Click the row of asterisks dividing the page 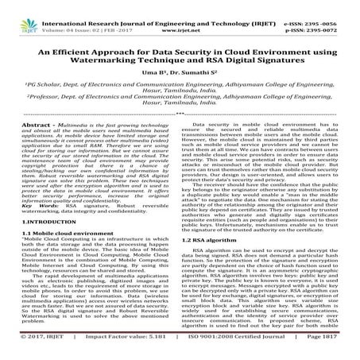pyautogui.click(x=180, y=138)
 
